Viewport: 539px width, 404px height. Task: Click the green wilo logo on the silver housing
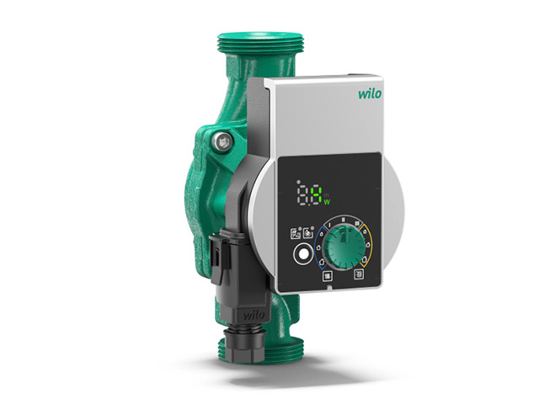click(370, 93)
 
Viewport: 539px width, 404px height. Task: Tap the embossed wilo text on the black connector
click(253, 315)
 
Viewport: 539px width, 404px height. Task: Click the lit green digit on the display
click(317, 195)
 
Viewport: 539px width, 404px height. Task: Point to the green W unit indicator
click(327, 202)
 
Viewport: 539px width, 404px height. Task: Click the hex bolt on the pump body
click(222, 141)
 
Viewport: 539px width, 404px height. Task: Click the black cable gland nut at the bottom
click(243, 343)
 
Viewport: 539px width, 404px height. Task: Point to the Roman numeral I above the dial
click(329, 225)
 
